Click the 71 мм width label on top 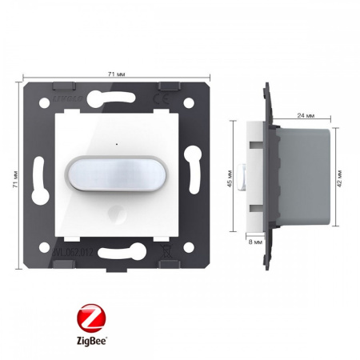point(115,74)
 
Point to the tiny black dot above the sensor point(115,145)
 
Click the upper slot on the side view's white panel point(254,146)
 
